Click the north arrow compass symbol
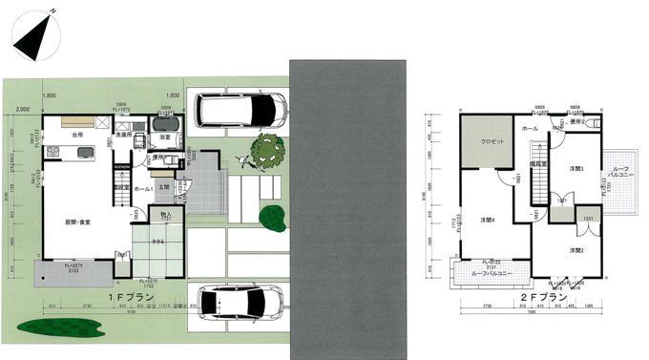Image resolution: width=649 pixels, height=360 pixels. [x=35, y=34]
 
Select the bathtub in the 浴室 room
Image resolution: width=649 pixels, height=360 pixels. [x=166, y=125]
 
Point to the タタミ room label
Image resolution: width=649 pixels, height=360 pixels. [x=158, y=243]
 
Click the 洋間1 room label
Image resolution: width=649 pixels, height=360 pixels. [x=576, y=169]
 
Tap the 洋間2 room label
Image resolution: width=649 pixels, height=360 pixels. [x=576, y=249]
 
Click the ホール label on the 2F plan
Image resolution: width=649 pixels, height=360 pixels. [x=530, y=128]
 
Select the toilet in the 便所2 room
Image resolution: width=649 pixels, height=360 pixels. [x=595, y=123]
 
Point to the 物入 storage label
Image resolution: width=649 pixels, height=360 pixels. [x=164, y=215]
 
